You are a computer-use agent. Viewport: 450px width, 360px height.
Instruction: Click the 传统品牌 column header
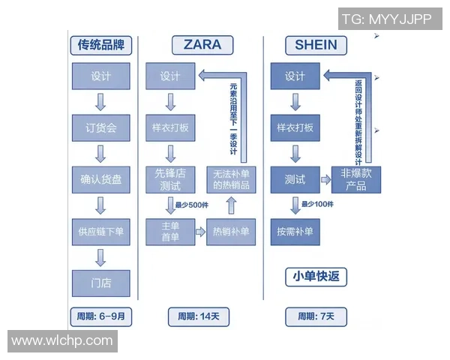tap(100, 46)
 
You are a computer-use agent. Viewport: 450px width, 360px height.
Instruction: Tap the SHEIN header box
tap(316, 45)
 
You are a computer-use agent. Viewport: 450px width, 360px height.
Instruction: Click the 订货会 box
tap(100, 127)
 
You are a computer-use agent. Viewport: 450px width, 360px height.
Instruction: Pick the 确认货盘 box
tap(100, 179)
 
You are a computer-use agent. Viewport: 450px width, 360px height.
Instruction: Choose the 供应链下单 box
tap(100, 231)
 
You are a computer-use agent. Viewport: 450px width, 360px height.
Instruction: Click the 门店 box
tap(100, 282)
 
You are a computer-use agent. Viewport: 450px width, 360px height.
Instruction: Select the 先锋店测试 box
tap(170, 179)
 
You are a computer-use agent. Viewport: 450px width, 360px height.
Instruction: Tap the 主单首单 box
tap(170, 231)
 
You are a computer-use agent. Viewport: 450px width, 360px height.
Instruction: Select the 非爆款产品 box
tap(356, 179)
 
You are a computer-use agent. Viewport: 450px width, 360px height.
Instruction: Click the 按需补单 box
tap(295, 231)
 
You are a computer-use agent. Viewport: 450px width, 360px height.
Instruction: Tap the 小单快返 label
tap(316, 277)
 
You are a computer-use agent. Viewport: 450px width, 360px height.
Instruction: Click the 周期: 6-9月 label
tap(100, 316)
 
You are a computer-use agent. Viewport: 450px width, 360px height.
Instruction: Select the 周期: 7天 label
tap(316, 316)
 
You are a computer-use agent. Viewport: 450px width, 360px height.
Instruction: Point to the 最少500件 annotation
tap(192, 205)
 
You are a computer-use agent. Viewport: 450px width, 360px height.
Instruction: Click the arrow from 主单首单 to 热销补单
tap(200, 232)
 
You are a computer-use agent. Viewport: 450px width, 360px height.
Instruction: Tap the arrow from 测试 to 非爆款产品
tap(326, 180)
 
